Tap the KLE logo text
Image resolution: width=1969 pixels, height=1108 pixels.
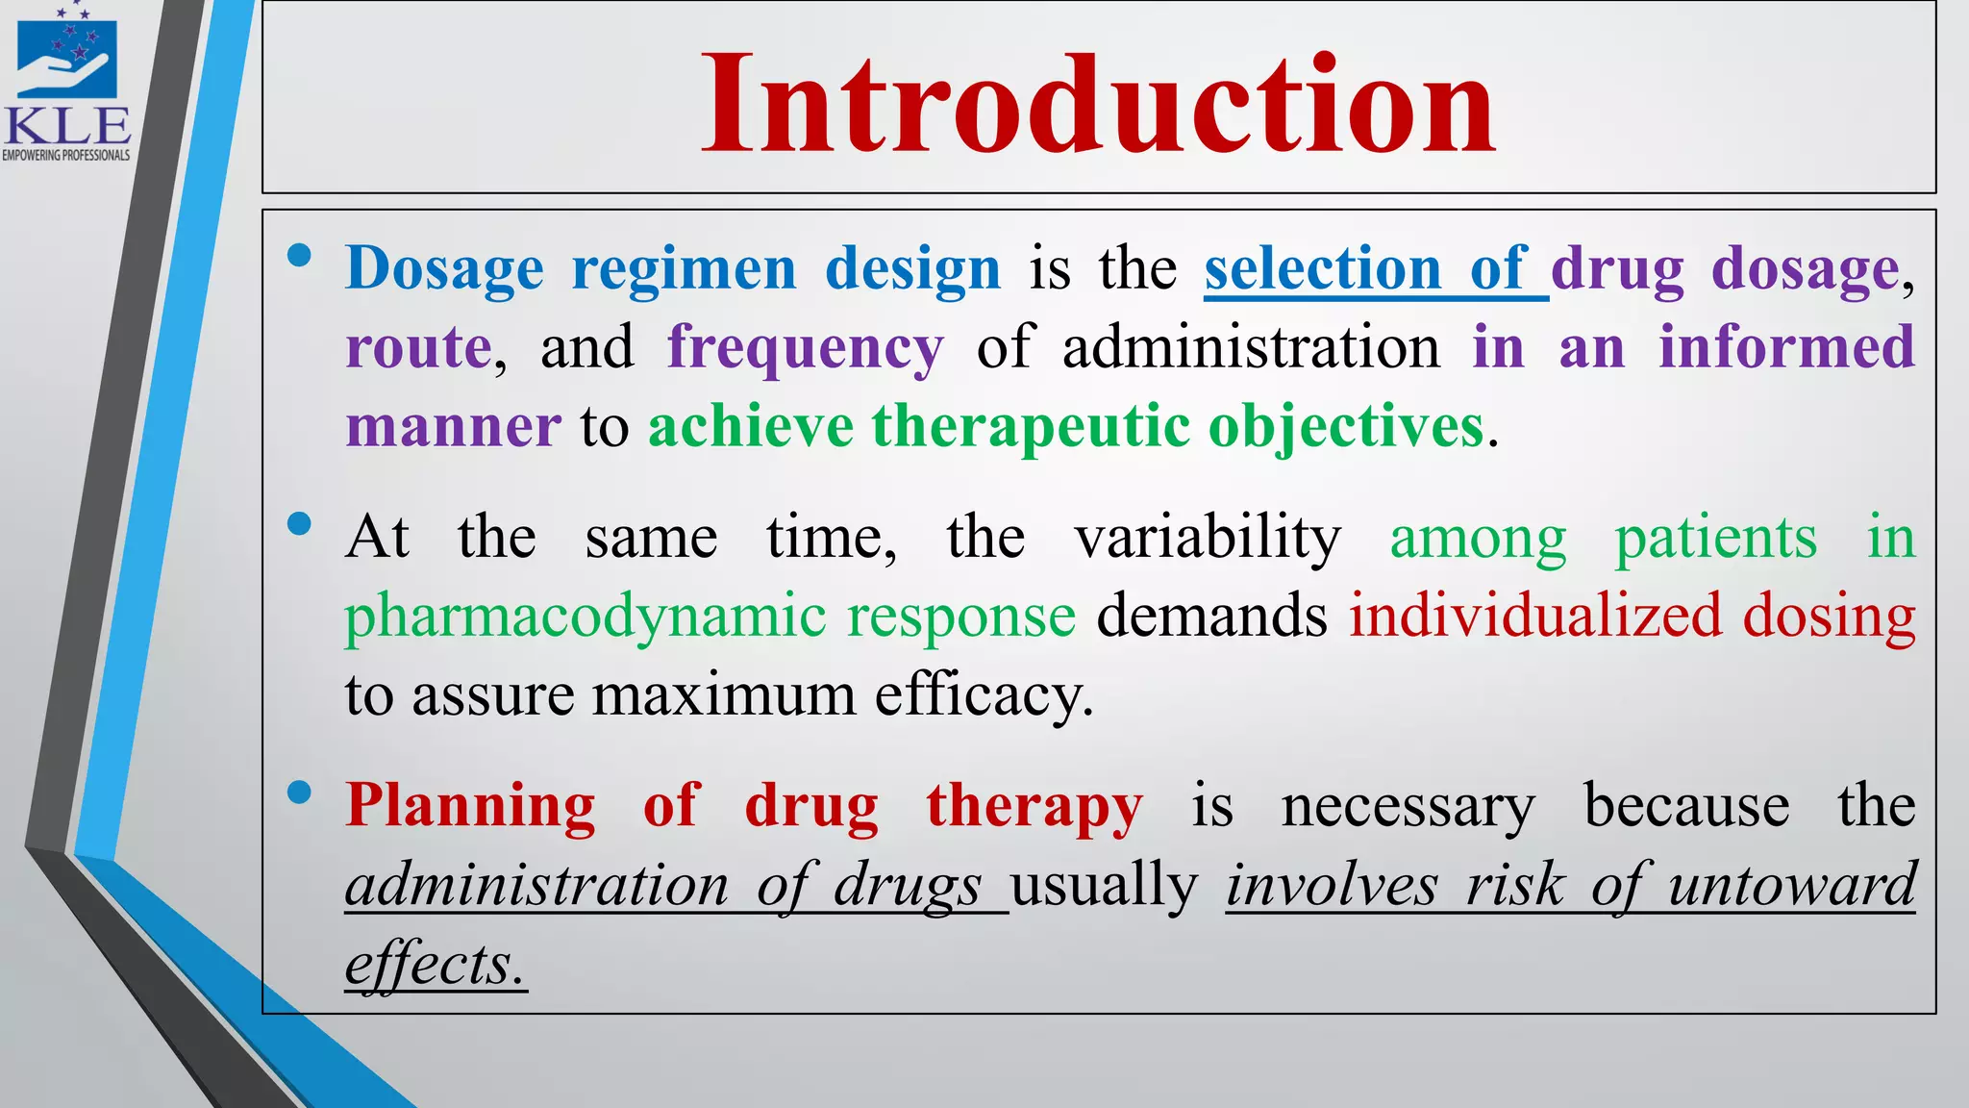pos(67,126)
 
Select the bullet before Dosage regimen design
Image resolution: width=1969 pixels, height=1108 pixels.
pos(299,255)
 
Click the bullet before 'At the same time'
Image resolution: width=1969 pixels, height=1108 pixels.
pos(299,523)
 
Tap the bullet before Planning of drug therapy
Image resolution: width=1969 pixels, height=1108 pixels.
pos(299,792)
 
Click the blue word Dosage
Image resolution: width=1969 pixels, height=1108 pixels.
pos(444,268)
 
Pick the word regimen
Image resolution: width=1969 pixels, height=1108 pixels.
pos(684,268)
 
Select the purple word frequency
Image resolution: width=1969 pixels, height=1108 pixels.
pos(806,348)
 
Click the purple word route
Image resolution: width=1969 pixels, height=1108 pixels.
pos(419,348)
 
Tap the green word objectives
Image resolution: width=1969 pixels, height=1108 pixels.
pos(1346,426)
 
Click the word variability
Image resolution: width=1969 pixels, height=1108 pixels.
pos(1207,537)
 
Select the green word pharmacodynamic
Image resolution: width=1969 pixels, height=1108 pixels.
pos(586,617)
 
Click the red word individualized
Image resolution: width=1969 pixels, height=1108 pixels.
pos(1535,617)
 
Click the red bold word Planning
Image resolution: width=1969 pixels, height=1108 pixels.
pos(470,805)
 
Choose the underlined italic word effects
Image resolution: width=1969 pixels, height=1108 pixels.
pos(436,964)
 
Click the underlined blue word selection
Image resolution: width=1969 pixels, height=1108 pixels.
pos(1322,268)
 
